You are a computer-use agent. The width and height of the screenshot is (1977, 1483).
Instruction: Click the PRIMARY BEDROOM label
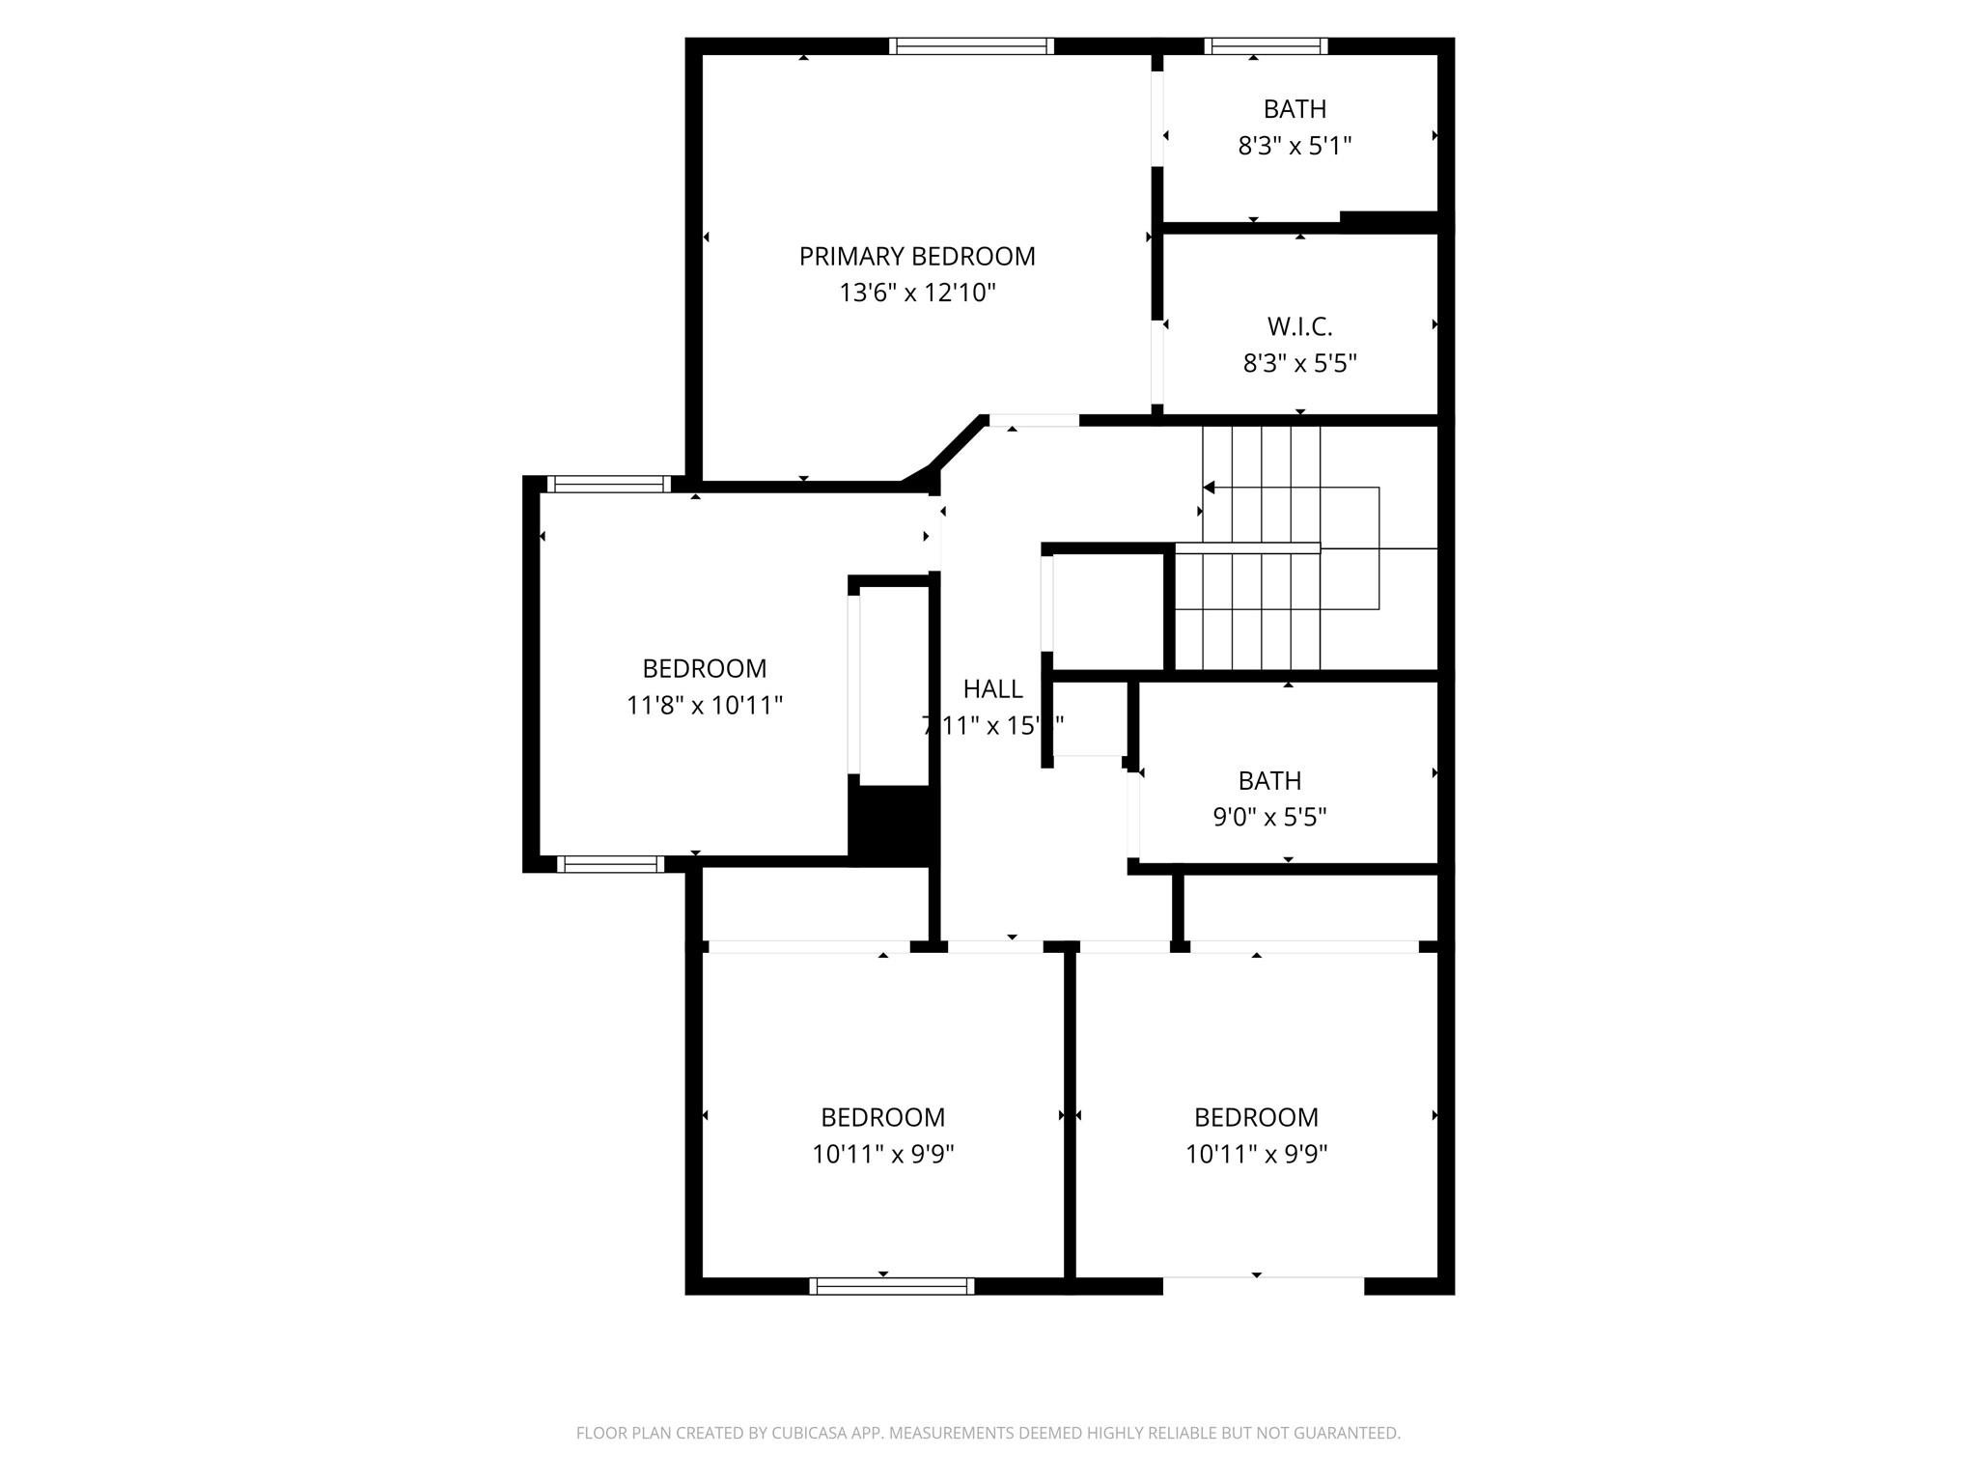916,256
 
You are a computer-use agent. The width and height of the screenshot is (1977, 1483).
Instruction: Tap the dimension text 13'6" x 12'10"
916,293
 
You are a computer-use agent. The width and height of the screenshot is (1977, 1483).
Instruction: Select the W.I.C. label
1299,326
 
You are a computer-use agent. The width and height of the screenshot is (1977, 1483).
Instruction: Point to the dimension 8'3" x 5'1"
1295,146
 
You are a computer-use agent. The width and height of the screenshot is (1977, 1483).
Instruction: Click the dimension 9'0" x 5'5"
1269,817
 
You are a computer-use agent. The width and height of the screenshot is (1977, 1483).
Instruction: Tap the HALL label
992,688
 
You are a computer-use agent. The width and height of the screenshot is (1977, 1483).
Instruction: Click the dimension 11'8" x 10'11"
704,705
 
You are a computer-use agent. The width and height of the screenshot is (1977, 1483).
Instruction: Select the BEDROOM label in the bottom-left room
882,1117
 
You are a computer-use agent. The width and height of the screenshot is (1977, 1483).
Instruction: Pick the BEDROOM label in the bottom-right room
1256,1117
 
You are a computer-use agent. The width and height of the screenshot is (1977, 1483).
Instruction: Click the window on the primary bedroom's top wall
971,45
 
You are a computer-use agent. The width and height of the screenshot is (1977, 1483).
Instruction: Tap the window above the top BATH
1266,45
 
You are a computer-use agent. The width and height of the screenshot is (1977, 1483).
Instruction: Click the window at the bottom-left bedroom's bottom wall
891,1285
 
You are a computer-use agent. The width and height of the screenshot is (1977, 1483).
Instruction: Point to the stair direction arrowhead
1209,488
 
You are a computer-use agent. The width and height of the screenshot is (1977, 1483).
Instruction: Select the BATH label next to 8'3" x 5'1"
1295,109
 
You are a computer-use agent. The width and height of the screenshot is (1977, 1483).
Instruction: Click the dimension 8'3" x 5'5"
1299,363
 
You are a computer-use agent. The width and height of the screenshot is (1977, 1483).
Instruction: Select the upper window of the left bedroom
608,484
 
